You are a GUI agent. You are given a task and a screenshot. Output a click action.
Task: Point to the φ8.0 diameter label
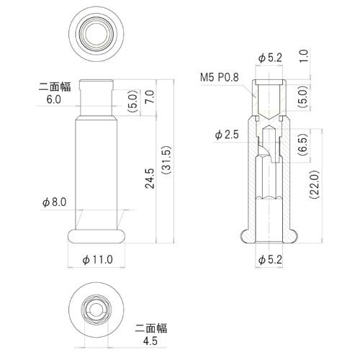pos(54,203)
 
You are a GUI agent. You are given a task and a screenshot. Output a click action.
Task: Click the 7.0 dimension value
pos(150,96)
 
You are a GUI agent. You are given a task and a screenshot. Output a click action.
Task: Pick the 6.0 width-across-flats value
pos(53,101)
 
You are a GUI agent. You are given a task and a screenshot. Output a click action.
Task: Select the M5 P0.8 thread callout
pos(220,76)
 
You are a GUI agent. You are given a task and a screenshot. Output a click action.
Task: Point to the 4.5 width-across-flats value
pos(151,342)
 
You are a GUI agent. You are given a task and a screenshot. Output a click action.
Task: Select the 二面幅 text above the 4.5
pos(151,328)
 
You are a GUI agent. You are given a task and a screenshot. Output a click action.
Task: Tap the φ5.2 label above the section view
pos(269,56)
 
